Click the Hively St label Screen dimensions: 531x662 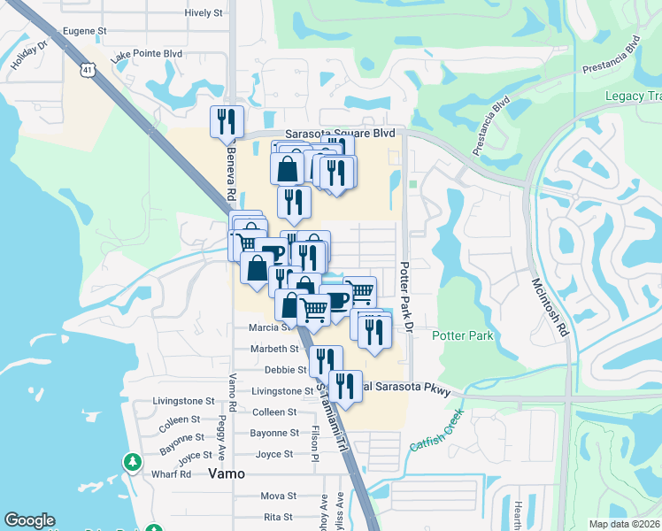pos(203,13)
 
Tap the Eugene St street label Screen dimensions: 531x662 pos(84,31)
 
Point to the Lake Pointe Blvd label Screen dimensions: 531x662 pos(146,55)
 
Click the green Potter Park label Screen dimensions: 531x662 pos(462,336)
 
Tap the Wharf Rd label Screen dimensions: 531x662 pos(173,473)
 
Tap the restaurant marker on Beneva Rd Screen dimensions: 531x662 pos(227,121)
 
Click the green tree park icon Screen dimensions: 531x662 pos(132,462)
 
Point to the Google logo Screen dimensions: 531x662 pos(29,520)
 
